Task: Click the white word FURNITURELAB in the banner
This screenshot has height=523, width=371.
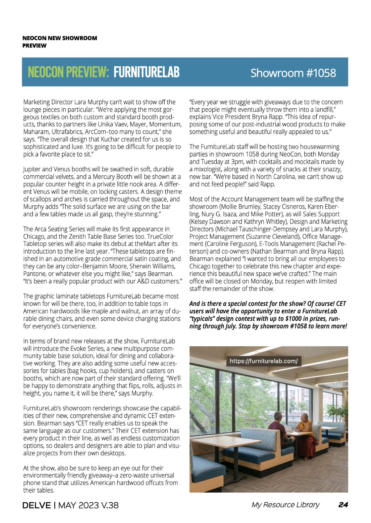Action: click(x=146, y=72)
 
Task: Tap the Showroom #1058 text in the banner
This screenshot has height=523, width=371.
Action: click(x=293, y=73)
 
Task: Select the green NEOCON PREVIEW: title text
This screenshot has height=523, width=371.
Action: click(x=68, y=72)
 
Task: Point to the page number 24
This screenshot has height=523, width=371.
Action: click(x=343, y=505)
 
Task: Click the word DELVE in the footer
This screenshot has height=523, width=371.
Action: click(x=36, y=505)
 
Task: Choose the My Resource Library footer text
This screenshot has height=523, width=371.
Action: click(x=285, y=505)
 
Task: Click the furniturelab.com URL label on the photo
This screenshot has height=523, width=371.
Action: click(x=263, y=361)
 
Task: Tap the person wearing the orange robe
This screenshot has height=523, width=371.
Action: click(x=305, y=435)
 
